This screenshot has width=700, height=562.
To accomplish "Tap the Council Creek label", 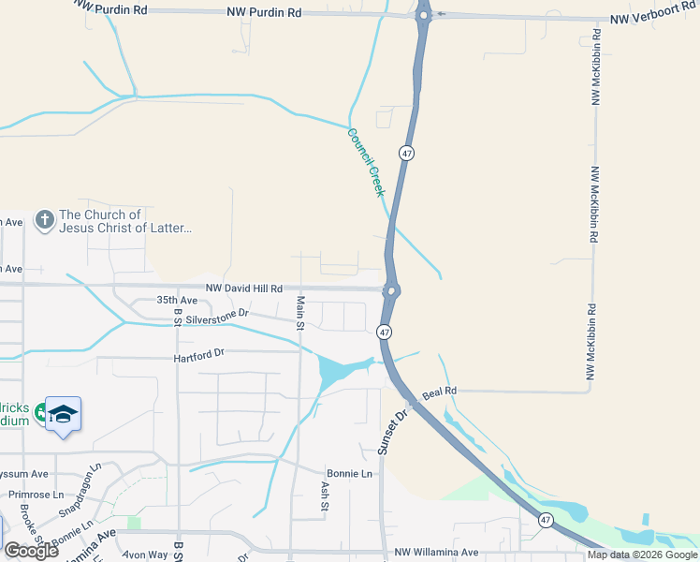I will pos(366,162).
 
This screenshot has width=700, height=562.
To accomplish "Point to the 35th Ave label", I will pos(177,301).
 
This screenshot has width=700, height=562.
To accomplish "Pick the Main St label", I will pos(300,313).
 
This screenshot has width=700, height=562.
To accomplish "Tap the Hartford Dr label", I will pos(199,355).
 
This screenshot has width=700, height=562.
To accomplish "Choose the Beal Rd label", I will pos(439,391).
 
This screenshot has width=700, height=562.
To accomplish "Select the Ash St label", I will pos(325,496).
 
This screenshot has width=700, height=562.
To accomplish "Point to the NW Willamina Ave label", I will pos(436,553).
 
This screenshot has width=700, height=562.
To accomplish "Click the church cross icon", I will pos(43,221).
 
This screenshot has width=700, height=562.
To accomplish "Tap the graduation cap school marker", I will pos(63,414).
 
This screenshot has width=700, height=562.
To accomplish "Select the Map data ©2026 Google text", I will pos(642,555).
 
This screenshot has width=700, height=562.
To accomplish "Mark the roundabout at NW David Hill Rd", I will pos(390,290).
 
